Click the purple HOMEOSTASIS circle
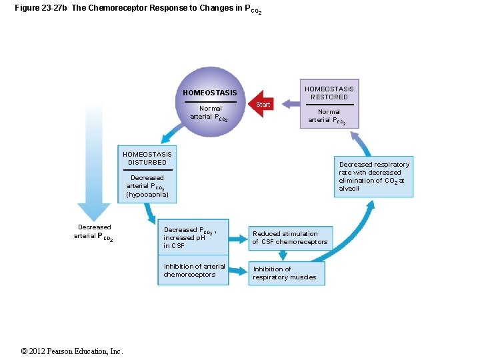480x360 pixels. pyautogui.click(x=210, y=102)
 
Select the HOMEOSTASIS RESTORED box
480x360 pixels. pyautogui.click(x=329, y=104)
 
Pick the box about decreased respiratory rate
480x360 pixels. pyautogui.click(x=374, y=177)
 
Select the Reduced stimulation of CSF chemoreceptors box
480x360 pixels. pyautogui.click(x=290, y=238)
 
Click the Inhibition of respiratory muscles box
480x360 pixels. pyautogui.click(x=285, y=273)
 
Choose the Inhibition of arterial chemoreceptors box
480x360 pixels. pyautogui.click(x=194, y=271)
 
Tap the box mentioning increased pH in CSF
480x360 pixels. pyautogui.click(x=193, y=237)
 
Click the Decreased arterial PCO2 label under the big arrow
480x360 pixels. pyautogui.click(x=93, y=232)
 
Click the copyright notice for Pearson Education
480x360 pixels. pyautogui.click(x=72, y=351)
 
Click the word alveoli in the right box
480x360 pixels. pyautogui.click(x=349, y=189)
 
